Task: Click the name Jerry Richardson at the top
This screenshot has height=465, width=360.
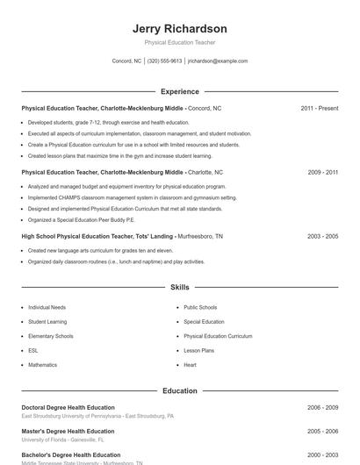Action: [x=179, y=29]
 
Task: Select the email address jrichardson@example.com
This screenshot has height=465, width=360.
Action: [x=218, y=61]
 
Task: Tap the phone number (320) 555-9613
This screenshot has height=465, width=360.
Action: [x=164, y=61]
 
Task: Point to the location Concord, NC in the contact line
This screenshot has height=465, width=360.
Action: [x=126, y=61]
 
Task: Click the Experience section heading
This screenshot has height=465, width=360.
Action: [x=179, y=91]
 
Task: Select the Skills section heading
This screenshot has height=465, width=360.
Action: [x=179, y=287]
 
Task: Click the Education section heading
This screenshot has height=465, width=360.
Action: [x=179, y=390]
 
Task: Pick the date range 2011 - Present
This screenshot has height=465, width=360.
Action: [x=319, y=108]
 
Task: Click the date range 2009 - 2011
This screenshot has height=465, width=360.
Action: [x=322, y=173]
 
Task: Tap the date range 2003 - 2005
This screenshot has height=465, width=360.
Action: [x=322, y=236]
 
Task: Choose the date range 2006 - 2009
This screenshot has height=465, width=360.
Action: [x=322, y=407]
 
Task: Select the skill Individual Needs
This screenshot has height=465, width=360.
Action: [x=46, y=308]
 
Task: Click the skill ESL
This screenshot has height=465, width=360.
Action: [x=33, y=350]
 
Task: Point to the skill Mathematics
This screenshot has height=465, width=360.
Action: [x=42, y=364]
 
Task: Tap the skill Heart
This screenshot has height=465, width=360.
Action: [x=190, y=364]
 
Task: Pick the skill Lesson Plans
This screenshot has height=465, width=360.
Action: [x=199, y=350]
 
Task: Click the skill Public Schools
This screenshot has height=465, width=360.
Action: [x=200, y=308]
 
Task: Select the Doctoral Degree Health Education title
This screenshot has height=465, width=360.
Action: [x=68, y=407]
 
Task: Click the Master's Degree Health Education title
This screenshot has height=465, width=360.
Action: [x=68, y=431]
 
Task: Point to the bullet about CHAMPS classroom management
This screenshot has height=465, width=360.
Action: [x=132, y=198]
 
